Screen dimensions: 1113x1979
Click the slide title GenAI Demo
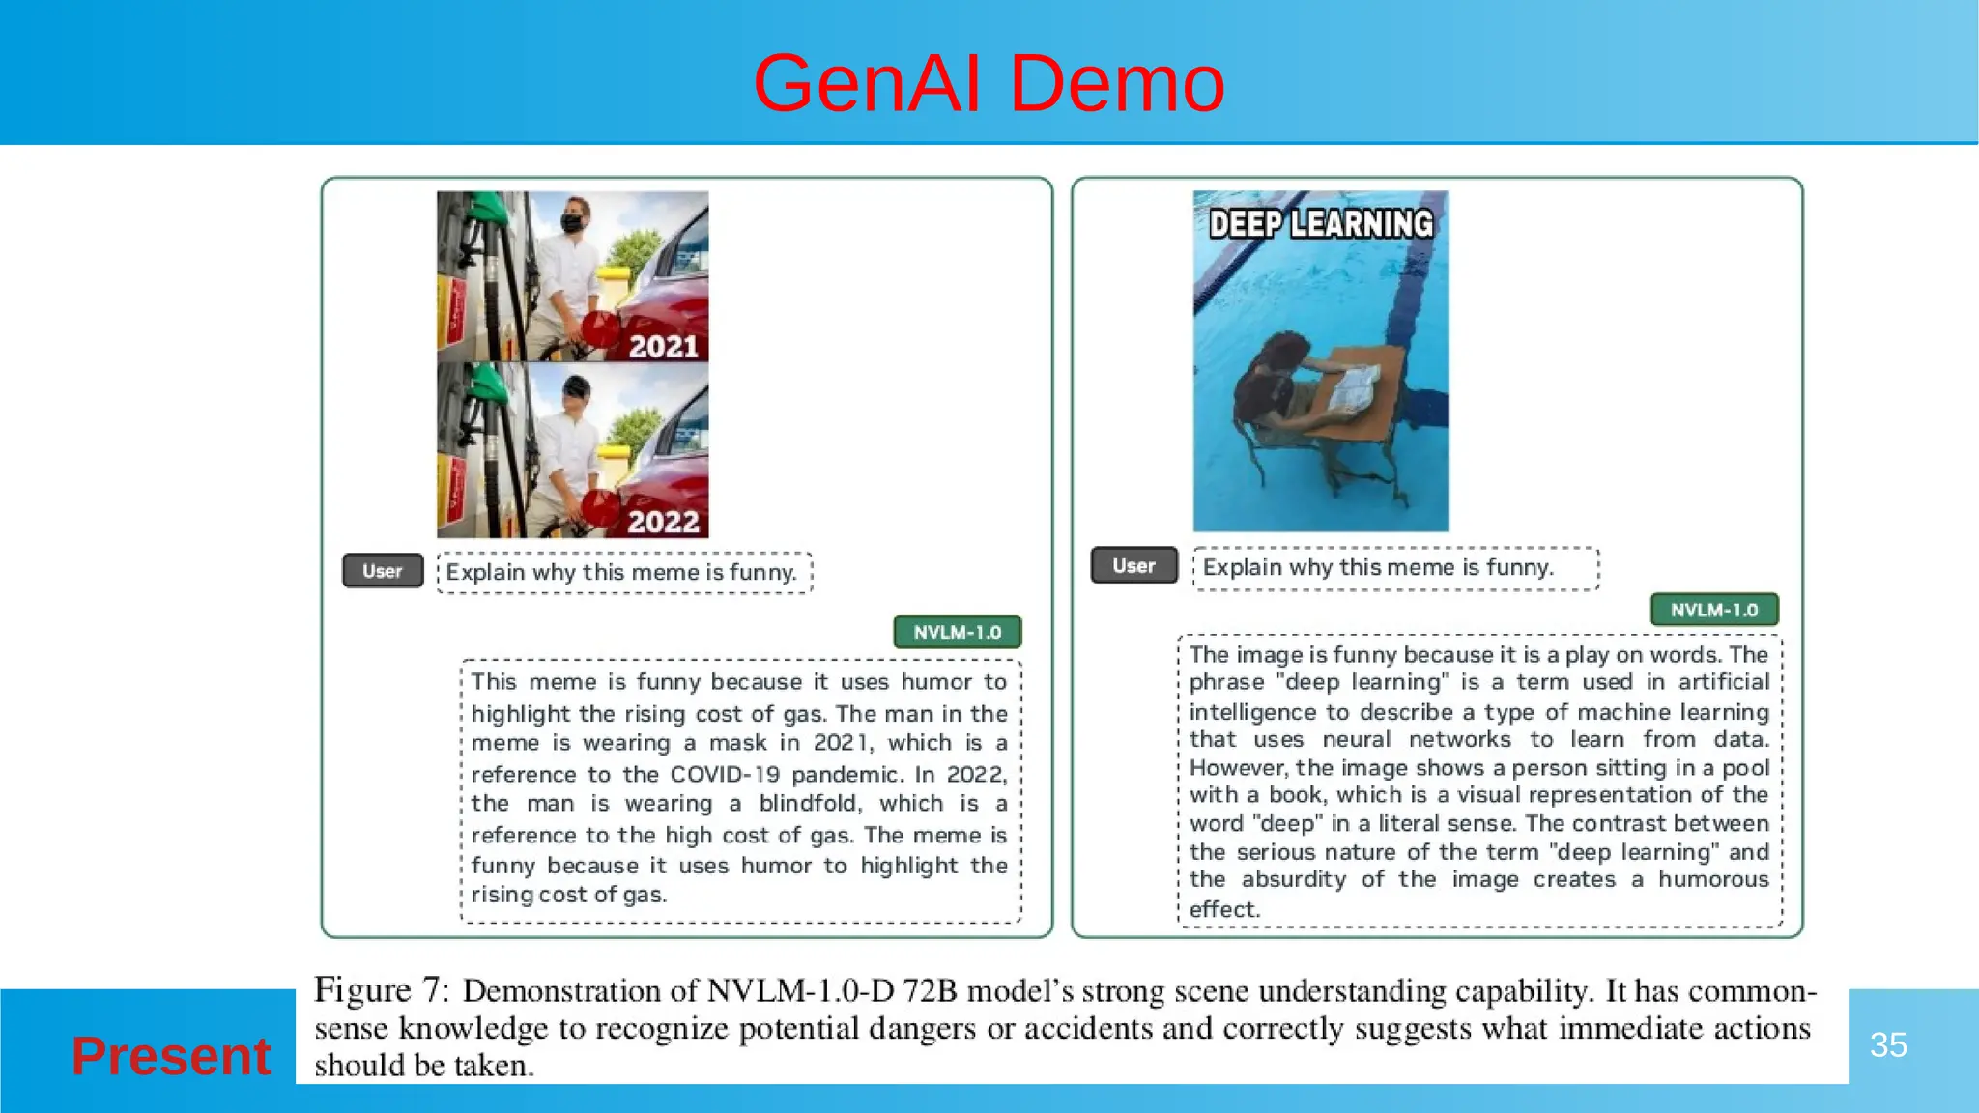pos(989,84)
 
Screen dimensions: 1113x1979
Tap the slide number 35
pos(1887,1044)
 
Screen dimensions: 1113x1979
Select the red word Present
pos(171,1055)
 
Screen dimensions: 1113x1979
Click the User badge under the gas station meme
pos(383,571)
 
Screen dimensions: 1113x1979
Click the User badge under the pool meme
pos(1133,566)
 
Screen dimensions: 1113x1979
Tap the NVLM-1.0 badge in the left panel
pos(957,632)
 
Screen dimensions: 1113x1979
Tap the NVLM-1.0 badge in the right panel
pos(1713,610)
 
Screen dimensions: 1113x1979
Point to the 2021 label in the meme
pos(663,347)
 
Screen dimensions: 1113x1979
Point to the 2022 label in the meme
pos(663,522)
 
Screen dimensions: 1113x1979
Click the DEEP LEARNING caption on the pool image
pos(1321,224)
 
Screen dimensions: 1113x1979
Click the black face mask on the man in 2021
pos(574,223)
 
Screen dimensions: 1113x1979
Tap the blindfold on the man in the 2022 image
pos(576,388)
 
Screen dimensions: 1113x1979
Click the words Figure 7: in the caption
pos(382,990)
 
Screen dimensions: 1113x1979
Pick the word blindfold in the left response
pos(807,804)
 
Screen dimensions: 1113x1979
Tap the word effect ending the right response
pos(1223,909)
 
